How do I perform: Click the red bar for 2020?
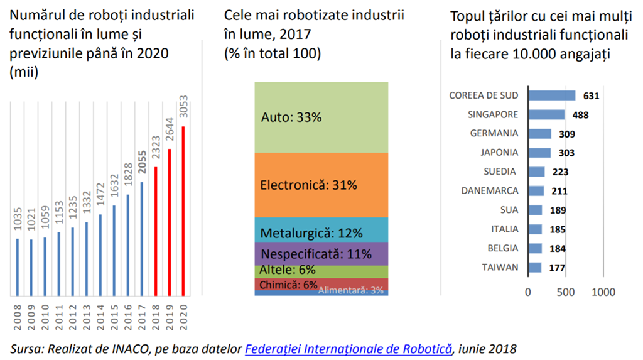[183, 210]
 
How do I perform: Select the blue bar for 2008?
[17, 266]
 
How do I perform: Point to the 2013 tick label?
[86, 318]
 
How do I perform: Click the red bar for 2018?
[155, 231]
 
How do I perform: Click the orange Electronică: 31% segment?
[321, 185]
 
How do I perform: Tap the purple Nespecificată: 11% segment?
[321, 253]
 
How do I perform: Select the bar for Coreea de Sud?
[551, 95]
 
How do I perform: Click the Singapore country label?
[493, 114]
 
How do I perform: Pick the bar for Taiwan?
[534, 268]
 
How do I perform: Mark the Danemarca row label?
[490, 190]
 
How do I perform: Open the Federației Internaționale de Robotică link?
[349, 347]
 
